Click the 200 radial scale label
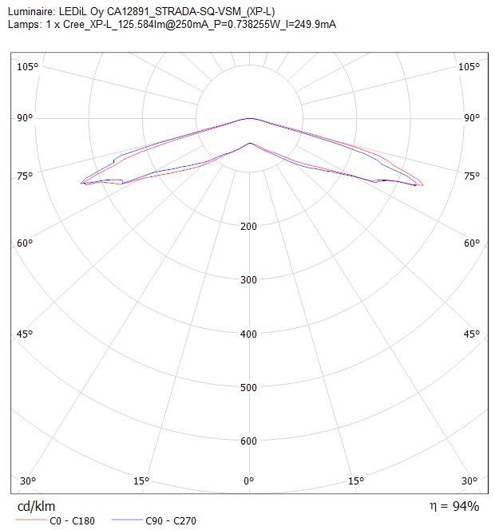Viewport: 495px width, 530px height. (248, 226)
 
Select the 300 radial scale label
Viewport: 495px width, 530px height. (248, 280)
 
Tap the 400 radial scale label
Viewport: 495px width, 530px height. (248, 334)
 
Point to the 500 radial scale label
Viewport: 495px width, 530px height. (248, 387)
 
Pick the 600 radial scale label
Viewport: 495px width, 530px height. (248, 441)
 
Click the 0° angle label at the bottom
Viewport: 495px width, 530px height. (248, 481)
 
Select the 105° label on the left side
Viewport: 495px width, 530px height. (28, 66)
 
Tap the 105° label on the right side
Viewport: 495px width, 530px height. (469, 66)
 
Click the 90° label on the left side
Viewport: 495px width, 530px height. (25, 118)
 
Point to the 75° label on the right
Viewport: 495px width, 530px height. (472, 176)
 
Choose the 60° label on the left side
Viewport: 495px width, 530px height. (25, 243)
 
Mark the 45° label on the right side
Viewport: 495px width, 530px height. (472, 334)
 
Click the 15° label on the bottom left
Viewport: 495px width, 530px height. (141, 481)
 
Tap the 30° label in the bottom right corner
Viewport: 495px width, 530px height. (469, 481)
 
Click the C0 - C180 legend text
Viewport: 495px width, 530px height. (72, 521)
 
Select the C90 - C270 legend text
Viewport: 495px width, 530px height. (171, 521)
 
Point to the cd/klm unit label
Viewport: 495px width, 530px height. (36, 506)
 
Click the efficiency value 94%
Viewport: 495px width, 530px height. (466, 506)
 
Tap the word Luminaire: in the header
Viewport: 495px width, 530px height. (31, 12)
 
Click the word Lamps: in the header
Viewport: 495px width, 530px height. (25, 24)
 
